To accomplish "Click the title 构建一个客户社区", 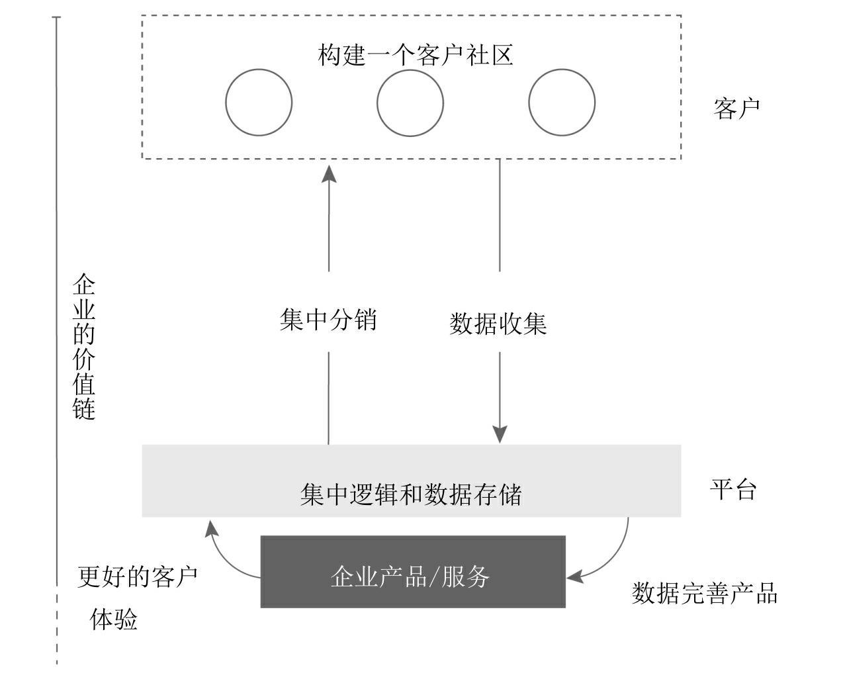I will pos(416,55).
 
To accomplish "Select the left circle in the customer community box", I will pos(259,103).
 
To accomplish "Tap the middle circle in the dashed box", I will pos(410,103).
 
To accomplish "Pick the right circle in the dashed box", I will pos(562,103).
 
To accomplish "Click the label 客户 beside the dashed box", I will pos(736,107).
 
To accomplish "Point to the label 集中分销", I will pos(328,320).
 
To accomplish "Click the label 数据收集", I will pos(498,324).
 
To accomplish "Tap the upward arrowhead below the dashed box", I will pos(329,173).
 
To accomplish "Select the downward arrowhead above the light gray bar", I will pos(500,434).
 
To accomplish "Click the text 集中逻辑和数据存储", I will pos(411,494).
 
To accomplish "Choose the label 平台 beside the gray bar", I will pos(733,489).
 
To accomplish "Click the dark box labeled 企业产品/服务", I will pos(413,572).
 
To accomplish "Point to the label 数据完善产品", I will pos(704,593).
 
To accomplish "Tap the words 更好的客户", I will pos(137,576).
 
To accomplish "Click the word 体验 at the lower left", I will pos(114,620).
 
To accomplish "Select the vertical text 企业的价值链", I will pos(85,347).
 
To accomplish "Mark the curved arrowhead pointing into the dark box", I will pos(574,576).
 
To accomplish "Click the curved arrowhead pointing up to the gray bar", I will pos(210,528).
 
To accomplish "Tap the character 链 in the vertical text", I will pos(85,408).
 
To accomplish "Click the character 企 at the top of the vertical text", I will pos(85,285).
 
